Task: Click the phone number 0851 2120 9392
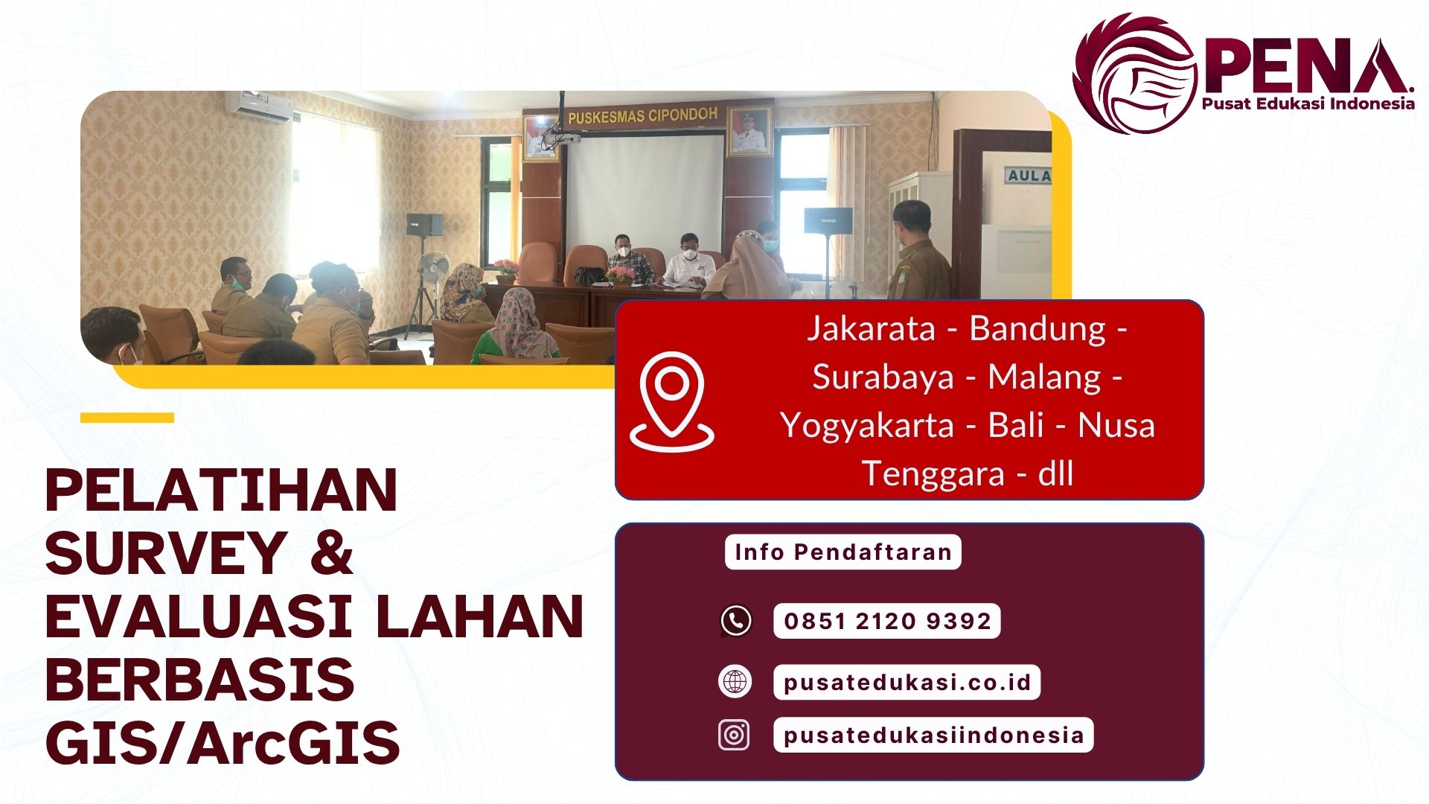pyautogui.click(x=887, y=621)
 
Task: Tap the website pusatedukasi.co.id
pyautogui.click(x=907, y=682)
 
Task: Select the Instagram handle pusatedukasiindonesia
pyautogui.click(x=933, y=735)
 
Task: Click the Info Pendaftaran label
pyautogui.click(x=843, y=552)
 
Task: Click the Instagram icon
pyautogui.click(x=734, y=735)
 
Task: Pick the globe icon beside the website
pyautogui.click(x=735, y=682)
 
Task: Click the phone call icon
pyautogui.click(x=736, y=621)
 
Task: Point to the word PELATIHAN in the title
pyautogui.click(x=221, y=491)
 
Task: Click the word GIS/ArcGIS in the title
pyautogui.click(x=223, y=743)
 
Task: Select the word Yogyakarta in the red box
pyautogui.click(x=867, y=426)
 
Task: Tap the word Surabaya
pyautogui.click(x=883, y=377)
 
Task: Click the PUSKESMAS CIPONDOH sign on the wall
pyautogui.click(x=642, y=115)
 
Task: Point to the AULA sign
pyautogui.click(x=1029, y=176)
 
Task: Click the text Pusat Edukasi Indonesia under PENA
pyautogui.click(x=1308, y=104)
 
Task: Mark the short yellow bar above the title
pyautogui.click(x=127, y=418)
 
